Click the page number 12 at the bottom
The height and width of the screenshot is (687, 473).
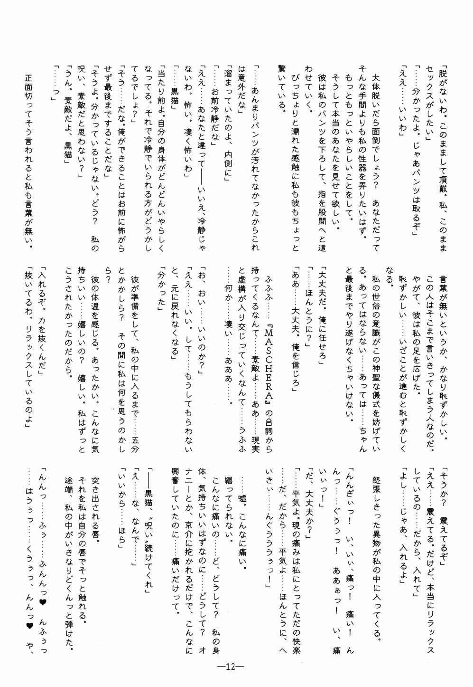coord(231,666)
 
